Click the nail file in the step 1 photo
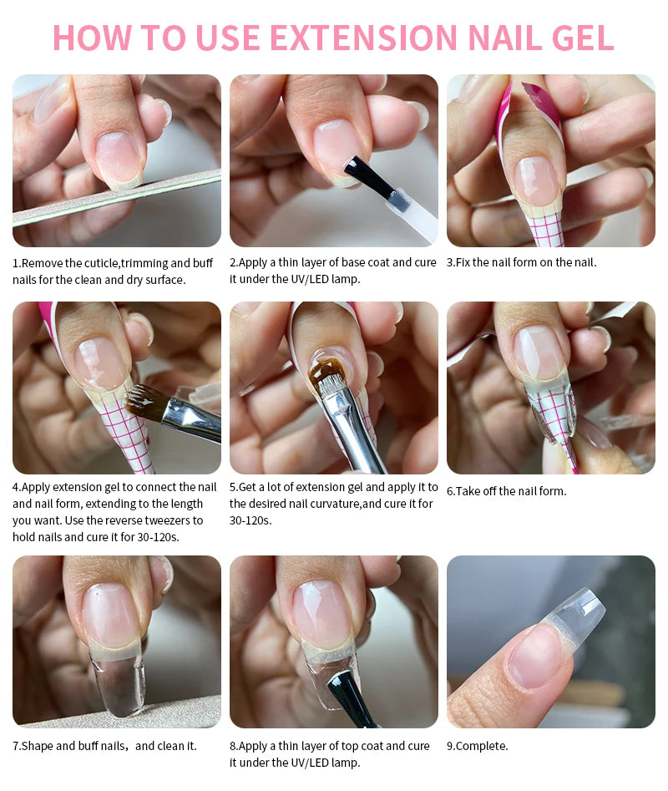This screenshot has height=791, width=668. click(x=116, y=197)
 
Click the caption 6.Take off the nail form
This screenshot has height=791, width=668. click(x=507, y=491)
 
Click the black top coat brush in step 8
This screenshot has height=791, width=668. click(x=351, y=698)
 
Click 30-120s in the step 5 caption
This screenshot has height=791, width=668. click(x=250, y=520)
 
